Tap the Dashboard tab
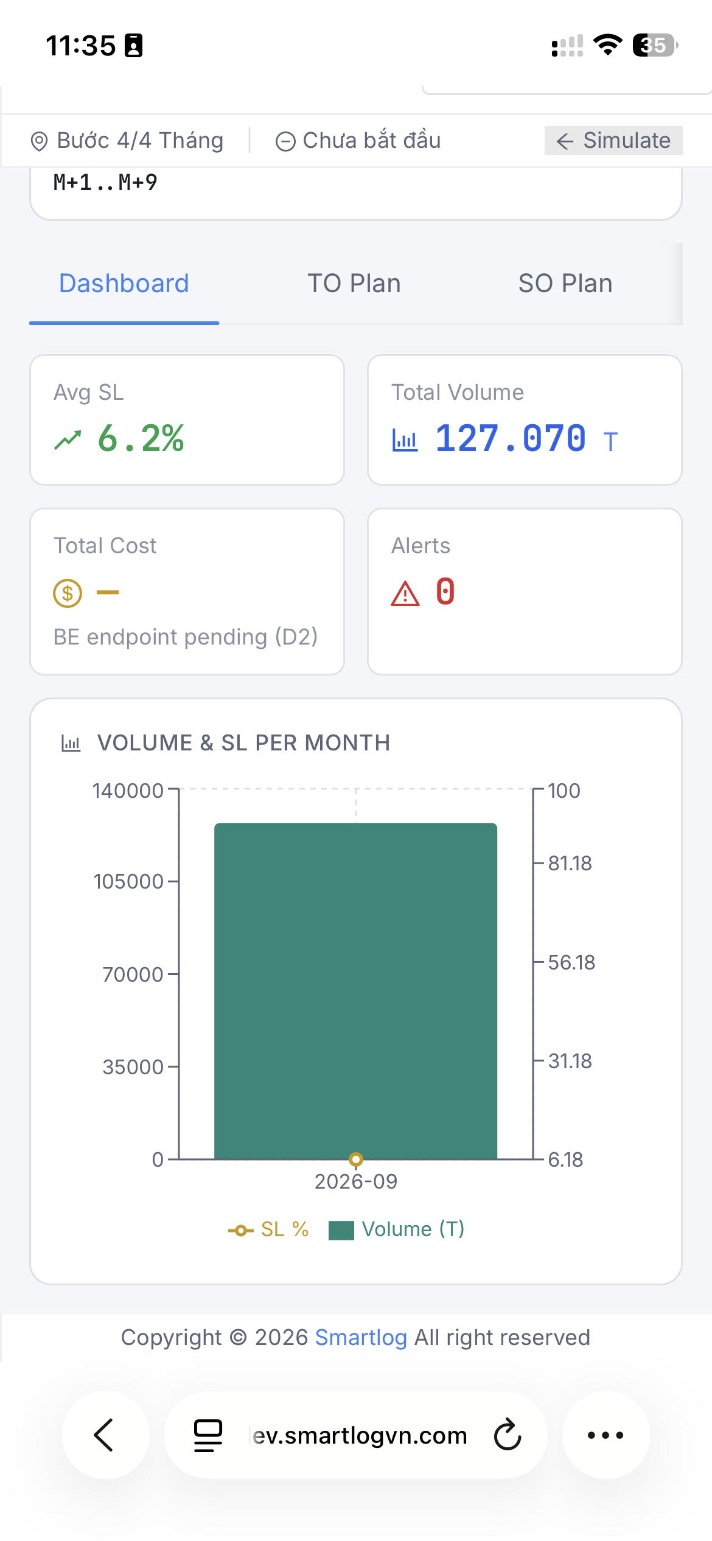tap(124, 284)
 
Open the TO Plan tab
tap(354, 284)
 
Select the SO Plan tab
tap(565, 284)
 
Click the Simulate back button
tap(613, 141)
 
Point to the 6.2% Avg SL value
tap(141, 438)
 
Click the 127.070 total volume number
tap(511, 438)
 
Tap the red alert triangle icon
tap(405, 594)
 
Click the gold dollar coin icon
tap(68, 593)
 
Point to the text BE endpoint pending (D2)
tap(186, 637)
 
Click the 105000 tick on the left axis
tap(128, 881)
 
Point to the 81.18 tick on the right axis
tap(570, 863)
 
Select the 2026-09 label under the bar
tap(356, 1181)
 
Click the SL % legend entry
tap(268, 1229)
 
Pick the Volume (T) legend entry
tap(397, 1229)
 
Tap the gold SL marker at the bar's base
tap(356, 1159)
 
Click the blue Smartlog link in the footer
tap(361, 1338)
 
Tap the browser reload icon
tap(508, 1434)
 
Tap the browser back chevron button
tap(105, 1434)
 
